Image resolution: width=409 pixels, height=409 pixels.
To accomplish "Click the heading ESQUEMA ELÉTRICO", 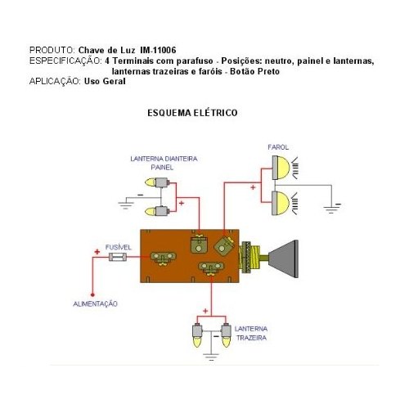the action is click(x=192, y=113).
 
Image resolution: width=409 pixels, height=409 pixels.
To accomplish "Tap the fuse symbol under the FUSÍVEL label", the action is click(x=118, y=257).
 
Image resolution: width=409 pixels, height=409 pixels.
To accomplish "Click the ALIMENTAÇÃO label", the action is click(x=95, y=303).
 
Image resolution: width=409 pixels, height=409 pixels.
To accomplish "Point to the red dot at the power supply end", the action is click(x=92, y=294).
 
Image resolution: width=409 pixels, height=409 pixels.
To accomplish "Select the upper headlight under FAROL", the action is click(x=281, y=168).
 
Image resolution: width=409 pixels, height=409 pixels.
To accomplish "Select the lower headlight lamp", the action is click(x=281, y=203).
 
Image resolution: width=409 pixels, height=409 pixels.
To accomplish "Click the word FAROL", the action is click(x=278, y=147).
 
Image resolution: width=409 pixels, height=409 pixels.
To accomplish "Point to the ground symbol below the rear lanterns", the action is click(x=211, y=357).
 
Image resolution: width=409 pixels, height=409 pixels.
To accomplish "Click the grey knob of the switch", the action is click(x=284, y=259).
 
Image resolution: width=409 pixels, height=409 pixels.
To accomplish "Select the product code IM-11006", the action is click(x=158, y=50).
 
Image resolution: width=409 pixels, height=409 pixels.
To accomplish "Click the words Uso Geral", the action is click(x=105, y=81).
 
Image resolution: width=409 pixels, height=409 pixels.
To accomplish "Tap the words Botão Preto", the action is click(x=255, y=71).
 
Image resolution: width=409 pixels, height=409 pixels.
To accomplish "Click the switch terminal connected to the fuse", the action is click(x=164, y=258).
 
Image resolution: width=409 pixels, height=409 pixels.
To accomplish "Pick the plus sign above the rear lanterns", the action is click(x=205, y=311).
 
